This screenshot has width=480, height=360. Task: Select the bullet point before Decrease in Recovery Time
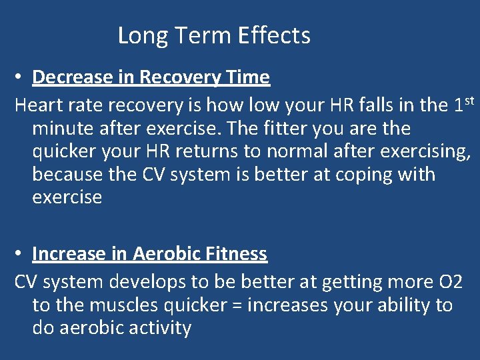pos(21,78)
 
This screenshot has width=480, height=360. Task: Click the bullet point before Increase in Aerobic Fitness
pos(21,255)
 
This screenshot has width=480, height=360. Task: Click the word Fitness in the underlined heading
pos(235,254)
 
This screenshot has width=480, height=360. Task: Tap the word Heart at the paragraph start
pos(37,105)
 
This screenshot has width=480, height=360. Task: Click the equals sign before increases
pos(253,306)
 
